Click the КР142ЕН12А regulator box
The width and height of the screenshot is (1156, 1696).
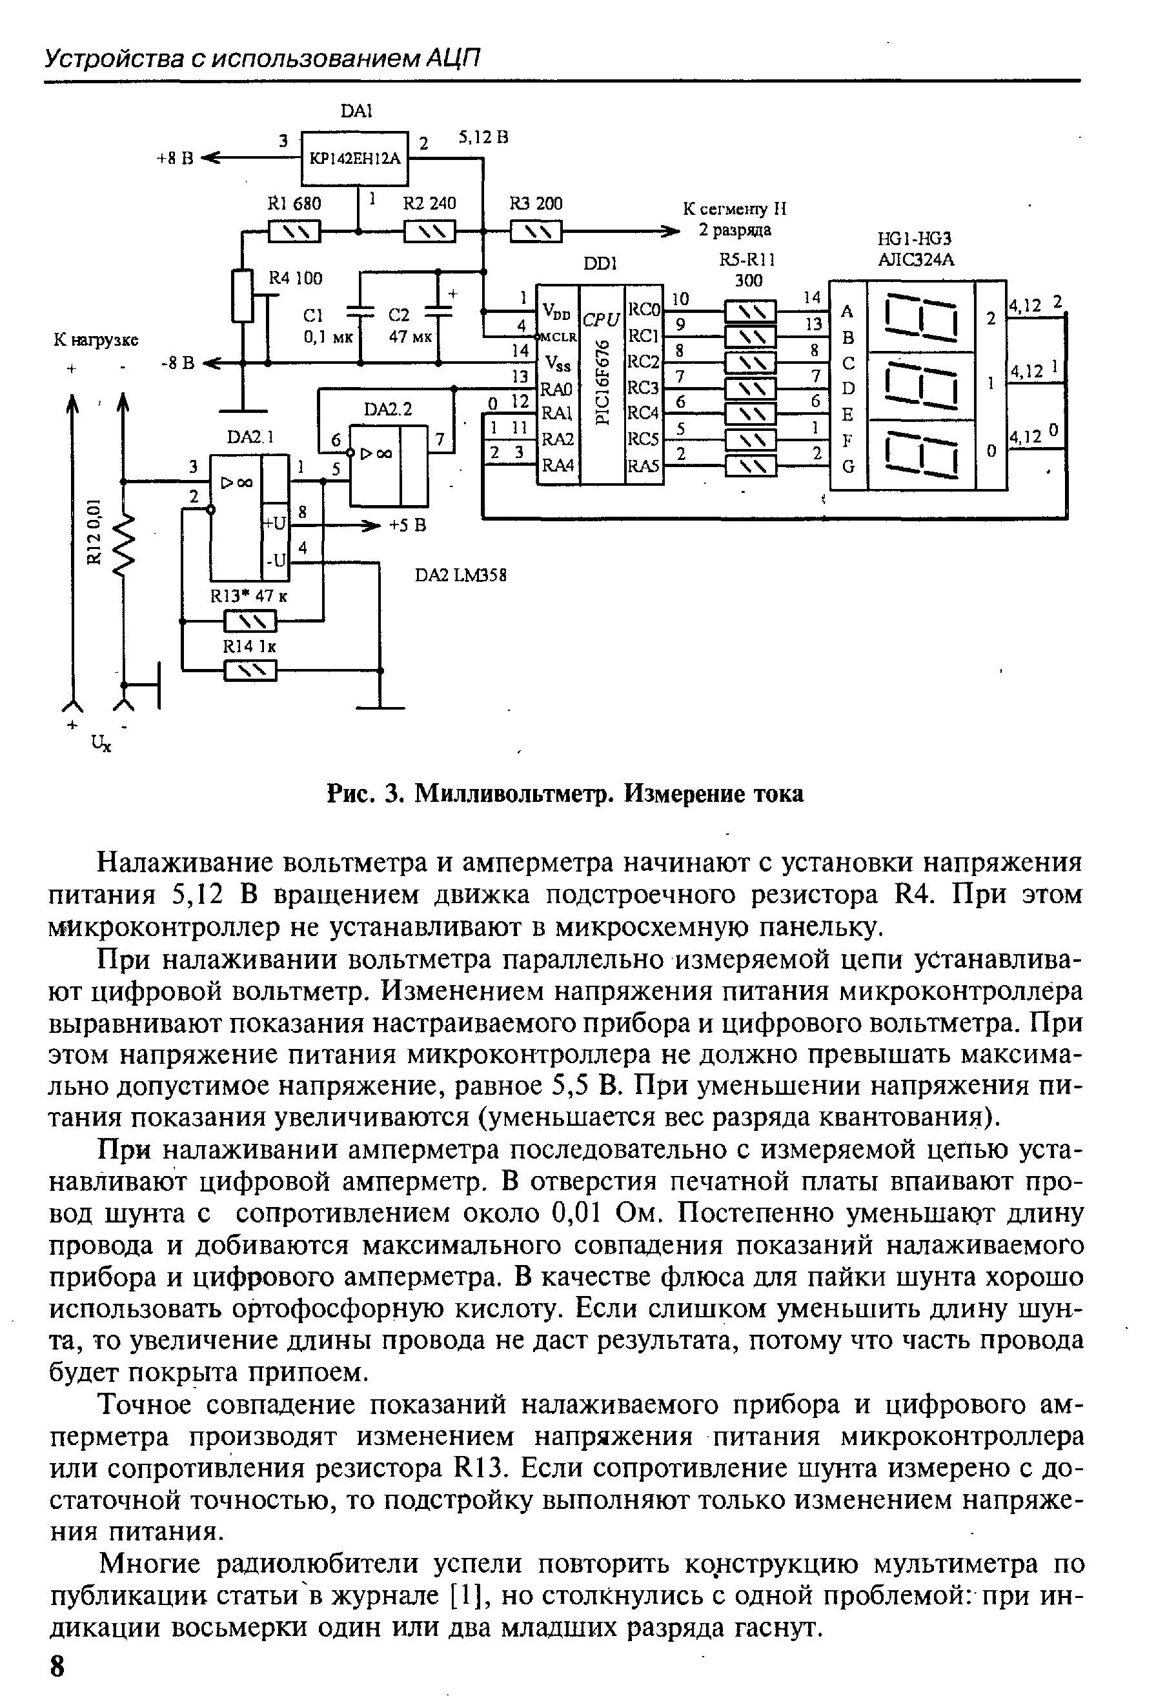pos(356,157)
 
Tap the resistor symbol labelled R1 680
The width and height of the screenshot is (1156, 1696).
pos(294,233)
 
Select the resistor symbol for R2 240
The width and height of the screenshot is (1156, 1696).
pos(429,233)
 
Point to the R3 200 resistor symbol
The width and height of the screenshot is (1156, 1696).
pos(536,233)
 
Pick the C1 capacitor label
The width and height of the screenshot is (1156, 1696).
pos(312,315)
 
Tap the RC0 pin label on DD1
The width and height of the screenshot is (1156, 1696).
pos(644,310)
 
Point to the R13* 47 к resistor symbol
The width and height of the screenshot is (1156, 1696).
pos(250,622)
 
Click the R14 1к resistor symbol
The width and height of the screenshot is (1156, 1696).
pos(250,670)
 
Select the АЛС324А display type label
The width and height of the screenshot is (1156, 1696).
pos(916,260)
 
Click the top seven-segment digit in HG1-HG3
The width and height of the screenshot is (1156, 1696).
pos(920,317)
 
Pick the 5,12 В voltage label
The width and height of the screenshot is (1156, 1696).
pos(483,137)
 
